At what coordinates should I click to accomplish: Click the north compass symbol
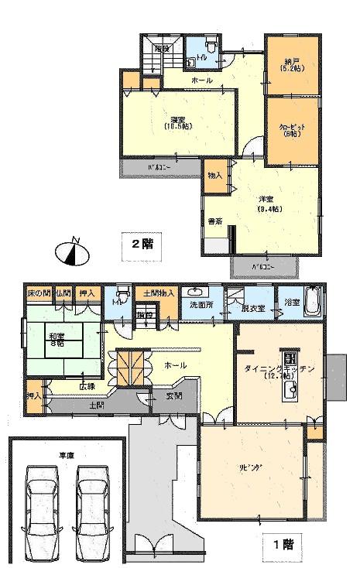[x=71, y=251]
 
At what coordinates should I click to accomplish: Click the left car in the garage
[x=39, y=508]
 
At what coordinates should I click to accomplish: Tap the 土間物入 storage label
[x=159, y=293]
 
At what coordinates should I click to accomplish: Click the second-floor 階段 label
[x=161, y=48]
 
